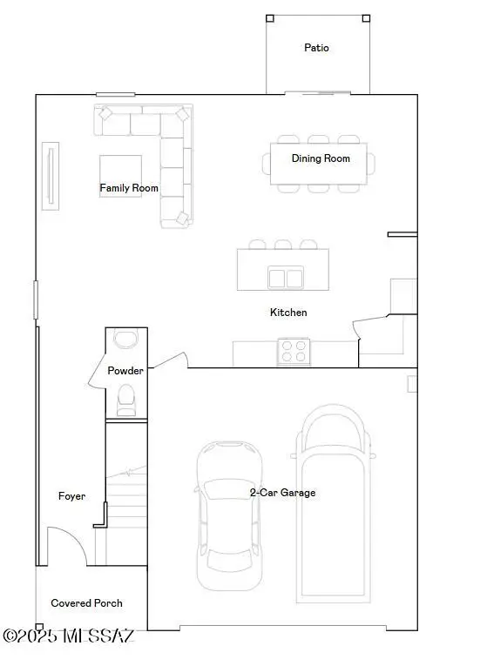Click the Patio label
[316, 48]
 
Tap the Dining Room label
[321, 158]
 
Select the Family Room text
[129, 188]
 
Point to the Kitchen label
[288, 313]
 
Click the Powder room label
[125, 371]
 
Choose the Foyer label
[71, 496]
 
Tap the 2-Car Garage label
[282, 493]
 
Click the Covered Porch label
[86, 603]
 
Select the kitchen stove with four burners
[294, 352]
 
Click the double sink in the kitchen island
[284, 278]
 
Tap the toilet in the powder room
[126, 399]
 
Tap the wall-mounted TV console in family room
[51, 176]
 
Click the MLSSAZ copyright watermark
[69, 636]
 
